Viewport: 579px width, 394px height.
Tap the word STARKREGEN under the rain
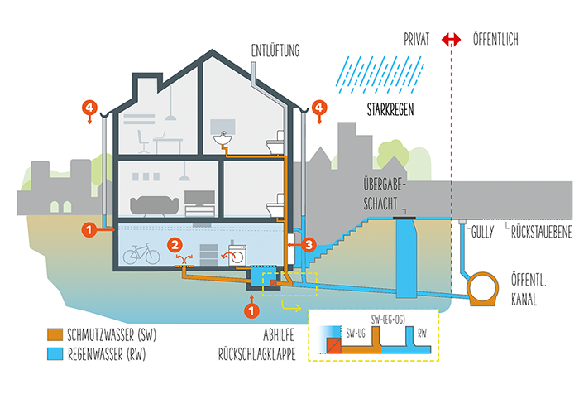390,110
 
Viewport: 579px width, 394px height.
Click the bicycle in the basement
141,253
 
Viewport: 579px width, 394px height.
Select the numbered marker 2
175,245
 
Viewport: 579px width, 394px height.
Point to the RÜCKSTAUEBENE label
541,233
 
